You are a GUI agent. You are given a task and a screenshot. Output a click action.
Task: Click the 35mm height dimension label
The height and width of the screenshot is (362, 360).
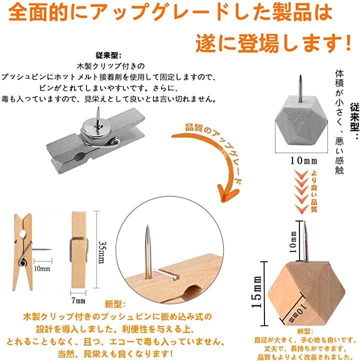click(102, 252)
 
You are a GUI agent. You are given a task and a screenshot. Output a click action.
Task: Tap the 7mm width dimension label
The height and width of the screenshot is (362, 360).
click(78, 300)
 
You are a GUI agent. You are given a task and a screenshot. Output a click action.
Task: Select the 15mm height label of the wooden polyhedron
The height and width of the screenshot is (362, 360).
click(256, 292)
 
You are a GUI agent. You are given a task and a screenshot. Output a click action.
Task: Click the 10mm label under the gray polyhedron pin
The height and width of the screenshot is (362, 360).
click(303, 160)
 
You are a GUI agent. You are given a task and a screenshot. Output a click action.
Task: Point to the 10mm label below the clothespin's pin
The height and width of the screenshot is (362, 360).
click(42, 268)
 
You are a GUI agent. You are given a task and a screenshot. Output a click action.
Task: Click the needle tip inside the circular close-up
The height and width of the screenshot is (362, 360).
click(147, 226)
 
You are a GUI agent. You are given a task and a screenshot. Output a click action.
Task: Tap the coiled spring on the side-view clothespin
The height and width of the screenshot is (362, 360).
click(22, 262)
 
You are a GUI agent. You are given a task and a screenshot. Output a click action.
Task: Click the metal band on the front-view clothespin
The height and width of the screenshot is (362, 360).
click(79, 250)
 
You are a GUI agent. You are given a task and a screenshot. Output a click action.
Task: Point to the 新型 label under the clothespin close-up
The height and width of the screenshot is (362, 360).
click(115, 304)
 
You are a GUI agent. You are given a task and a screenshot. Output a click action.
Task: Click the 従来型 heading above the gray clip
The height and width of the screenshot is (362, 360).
click(108, 55)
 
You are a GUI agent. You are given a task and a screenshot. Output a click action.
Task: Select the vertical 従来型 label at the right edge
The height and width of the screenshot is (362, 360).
click(354, 120)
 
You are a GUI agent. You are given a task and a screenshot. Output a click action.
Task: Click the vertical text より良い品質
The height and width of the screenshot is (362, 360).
click(313, 191)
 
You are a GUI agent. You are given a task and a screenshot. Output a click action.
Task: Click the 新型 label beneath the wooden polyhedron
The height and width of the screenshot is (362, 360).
click(305, 331)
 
